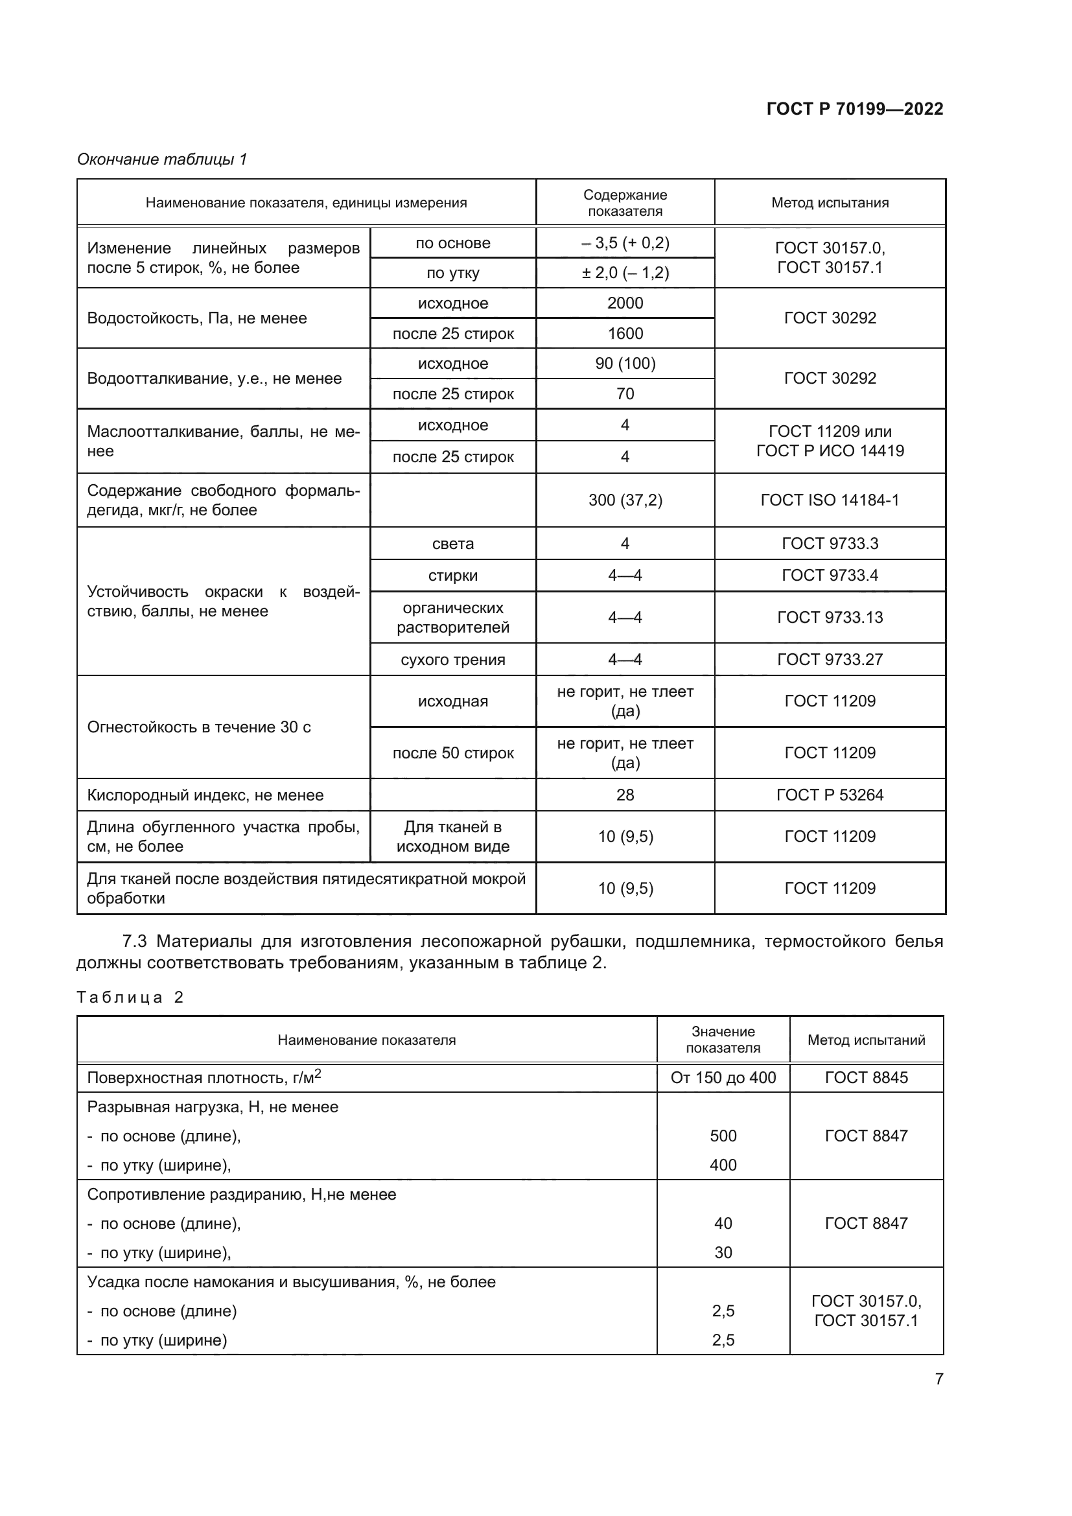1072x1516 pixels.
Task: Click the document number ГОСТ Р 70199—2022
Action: click(854, 109)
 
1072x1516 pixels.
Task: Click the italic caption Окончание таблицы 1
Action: click(162, 159)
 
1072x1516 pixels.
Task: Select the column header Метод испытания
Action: click(830, 203)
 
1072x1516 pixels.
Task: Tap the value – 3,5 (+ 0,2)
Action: click(624, 243)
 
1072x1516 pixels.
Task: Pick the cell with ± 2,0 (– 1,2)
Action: click(624, 273)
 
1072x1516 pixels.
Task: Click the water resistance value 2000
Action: click(624, 303)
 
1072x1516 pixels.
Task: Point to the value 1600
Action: click(624, 333)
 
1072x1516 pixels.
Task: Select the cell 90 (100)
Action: click(624, 364)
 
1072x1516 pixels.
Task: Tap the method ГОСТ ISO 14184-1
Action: click(830, 500)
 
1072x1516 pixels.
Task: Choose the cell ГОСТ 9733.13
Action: click(830, 618)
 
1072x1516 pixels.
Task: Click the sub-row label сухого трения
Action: click(453, 660)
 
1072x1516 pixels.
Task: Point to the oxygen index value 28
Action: click(624, 795)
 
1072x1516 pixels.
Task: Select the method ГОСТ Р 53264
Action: click(830, 795)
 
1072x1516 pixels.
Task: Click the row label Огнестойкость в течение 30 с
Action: click(199, 727)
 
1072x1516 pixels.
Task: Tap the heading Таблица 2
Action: click(130, 997)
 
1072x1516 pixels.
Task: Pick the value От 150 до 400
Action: click(723, 1078)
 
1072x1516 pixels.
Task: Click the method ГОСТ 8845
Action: click(866, 1078)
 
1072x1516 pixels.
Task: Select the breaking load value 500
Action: click(723, 1136)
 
